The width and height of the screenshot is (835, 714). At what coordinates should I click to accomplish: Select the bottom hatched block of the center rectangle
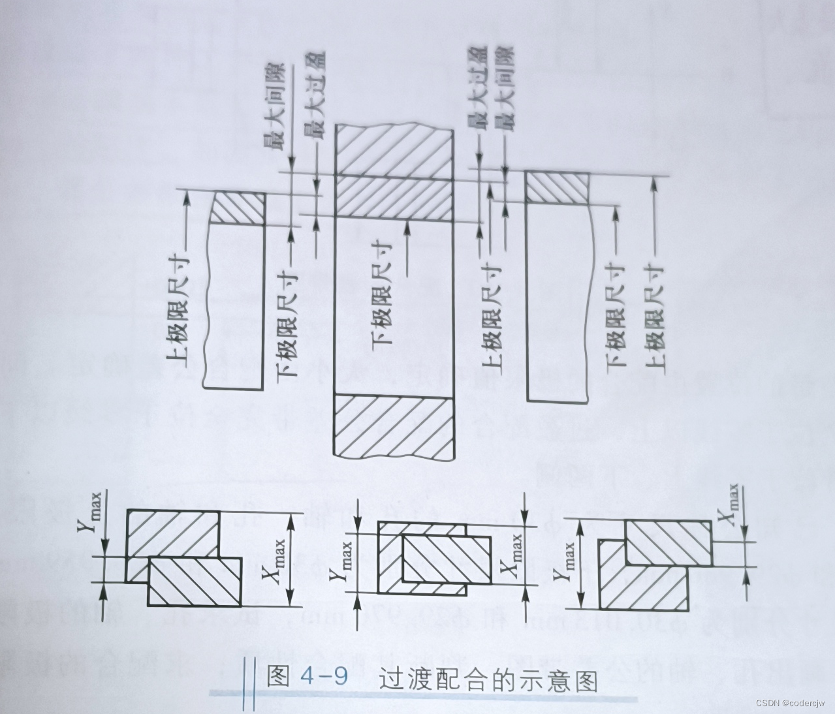pyautogui.click(x=394, y=425)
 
